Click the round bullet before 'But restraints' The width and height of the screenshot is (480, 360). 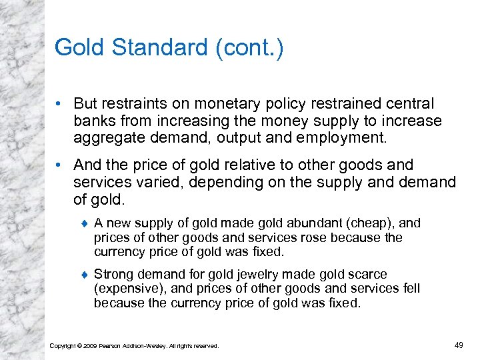(60, 104)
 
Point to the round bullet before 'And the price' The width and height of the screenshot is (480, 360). (60, 165)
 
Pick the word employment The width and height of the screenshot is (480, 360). (352, 138)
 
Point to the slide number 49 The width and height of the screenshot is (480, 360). (459, 345)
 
